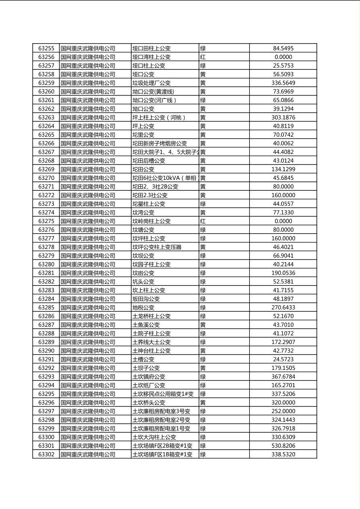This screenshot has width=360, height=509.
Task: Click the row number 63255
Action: click(46, 48)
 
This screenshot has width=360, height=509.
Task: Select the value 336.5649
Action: click(283, 83)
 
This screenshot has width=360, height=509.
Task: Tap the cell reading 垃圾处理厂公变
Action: click(151, 83)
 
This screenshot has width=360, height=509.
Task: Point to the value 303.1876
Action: click(283, 117)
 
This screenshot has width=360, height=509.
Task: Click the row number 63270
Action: click(46, 178)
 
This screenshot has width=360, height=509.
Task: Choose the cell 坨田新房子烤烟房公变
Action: click(159, 144)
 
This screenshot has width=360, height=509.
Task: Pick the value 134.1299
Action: click(283, 169)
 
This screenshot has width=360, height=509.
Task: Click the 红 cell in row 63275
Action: click(203, 221)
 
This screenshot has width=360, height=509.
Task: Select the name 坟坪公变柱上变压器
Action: click(157, 247)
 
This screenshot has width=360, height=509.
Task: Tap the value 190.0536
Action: click(283, 273)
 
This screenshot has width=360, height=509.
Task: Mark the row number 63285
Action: click(46, 307)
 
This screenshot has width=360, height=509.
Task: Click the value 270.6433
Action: click(283, 307)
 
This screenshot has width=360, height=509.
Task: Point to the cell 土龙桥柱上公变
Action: click(151, 316)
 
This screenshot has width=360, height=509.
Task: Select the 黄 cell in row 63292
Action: click(203, 368)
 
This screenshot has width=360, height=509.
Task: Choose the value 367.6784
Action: click(283, 377)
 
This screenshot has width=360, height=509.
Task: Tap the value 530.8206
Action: click(283, 446)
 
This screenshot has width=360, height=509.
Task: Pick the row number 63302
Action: click(46, 454)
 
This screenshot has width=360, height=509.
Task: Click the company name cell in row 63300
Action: click(88, 437)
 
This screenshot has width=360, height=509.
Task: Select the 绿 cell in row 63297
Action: click(203, 411)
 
